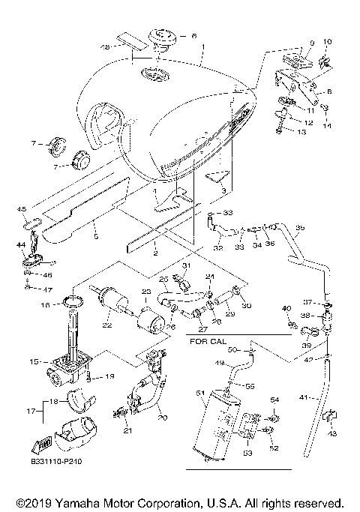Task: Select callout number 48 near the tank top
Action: [106, 46]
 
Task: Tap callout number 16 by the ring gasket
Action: [46, 305]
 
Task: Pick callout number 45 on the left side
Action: [22, 208]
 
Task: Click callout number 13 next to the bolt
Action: [302, 131]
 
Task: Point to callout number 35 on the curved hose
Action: [299, 227]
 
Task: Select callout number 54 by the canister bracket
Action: [274, 400]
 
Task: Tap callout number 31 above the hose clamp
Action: [187, 266]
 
